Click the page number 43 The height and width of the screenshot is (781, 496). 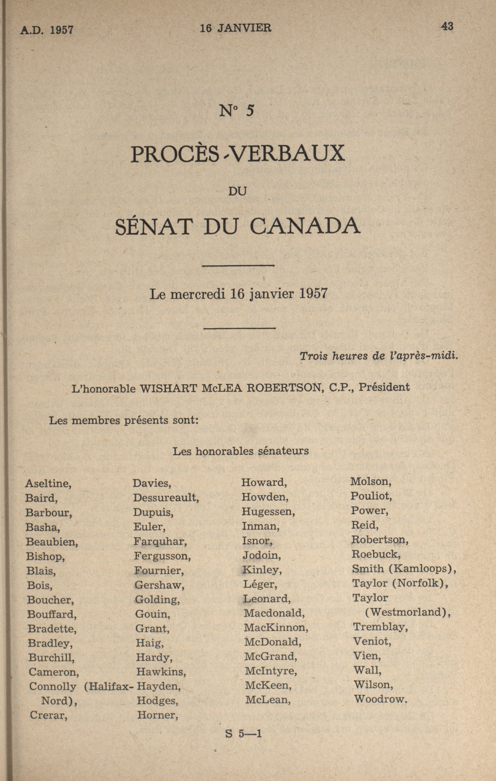click(447, 26)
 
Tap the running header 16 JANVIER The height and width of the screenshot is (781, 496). click(236, 28)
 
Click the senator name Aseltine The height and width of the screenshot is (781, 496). click(48, 484)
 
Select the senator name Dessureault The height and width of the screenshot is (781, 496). click(166, 498)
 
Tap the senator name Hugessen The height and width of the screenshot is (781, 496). click(268, 512)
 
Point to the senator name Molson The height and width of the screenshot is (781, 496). click(370, 482)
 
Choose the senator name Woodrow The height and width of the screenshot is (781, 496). click(380, 699)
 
